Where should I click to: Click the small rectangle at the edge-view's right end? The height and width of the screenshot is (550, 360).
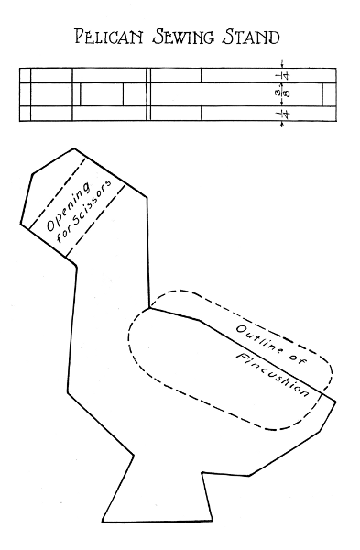click(x=329, y=94)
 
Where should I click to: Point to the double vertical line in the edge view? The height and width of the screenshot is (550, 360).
click(x=148, y=94)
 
